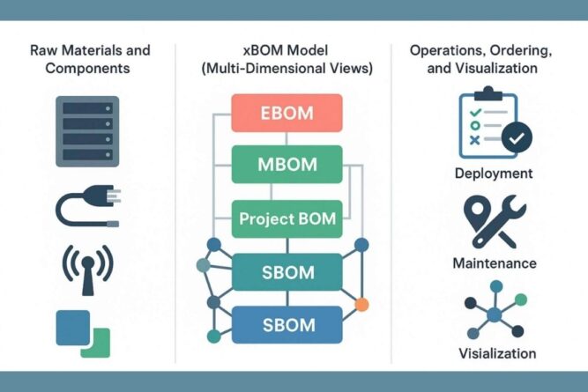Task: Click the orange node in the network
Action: tap(361, 306)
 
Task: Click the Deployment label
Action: tap(493, 174)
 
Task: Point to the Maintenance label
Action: tap(494, 263)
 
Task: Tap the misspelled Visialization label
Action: tap(496, 353)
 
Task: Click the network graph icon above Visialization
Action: tap(495, 313)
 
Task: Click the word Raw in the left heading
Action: tap(45, 50)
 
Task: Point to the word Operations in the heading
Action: tap(444, 50)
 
